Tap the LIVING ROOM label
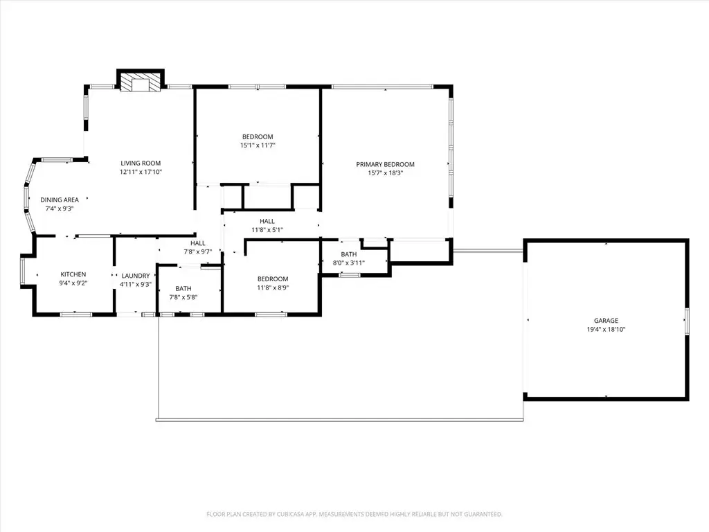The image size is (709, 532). [141, 163]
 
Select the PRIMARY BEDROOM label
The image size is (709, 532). [385, 164]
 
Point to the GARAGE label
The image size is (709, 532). [606, 321]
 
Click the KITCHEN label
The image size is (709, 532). [73, 274]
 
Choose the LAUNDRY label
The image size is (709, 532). [136, 276]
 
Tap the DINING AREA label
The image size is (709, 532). [60, 200]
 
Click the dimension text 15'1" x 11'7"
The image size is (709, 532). [258, 145]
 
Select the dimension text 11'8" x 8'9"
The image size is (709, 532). [273, 287]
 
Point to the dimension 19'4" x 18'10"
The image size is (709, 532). [606, 330]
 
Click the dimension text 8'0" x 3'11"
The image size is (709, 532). [349, 263]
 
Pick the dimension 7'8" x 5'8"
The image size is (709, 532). [183, 297]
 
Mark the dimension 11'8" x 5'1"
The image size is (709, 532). [267, 230]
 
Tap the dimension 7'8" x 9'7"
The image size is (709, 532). [197, 252]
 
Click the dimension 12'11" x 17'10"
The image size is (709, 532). [141, 172]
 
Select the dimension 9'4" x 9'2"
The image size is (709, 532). [73, 283]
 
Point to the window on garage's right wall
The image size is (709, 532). [686, 321]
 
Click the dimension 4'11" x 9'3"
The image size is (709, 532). [136, 285]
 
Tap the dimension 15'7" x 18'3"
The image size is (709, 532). [385, 172]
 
